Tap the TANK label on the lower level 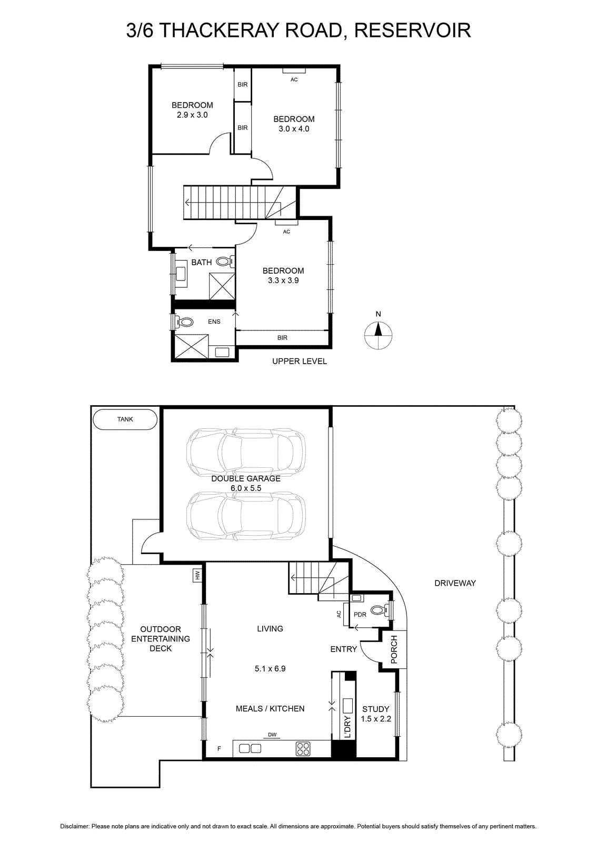[x=125, y=419]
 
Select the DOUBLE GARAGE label [x=246, y=478]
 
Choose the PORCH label [x=394, y=649]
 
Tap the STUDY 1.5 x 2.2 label [x=375, y=714]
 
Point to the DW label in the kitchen [x=272, y=735]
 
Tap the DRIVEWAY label [x=455, y=583]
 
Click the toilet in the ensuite [x=184, y=322]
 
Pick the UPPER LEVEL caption [x=299, y=361]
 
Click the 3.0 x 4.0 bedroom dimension [x=294, y=129]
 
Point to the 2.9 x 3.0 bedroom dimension [x=192, y=115]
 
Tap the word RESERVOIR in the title [x=413, y=31]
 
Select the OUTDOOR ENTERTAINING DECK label [x=161, y=639]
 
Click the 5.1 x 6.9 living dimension [x=270, y=669]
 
